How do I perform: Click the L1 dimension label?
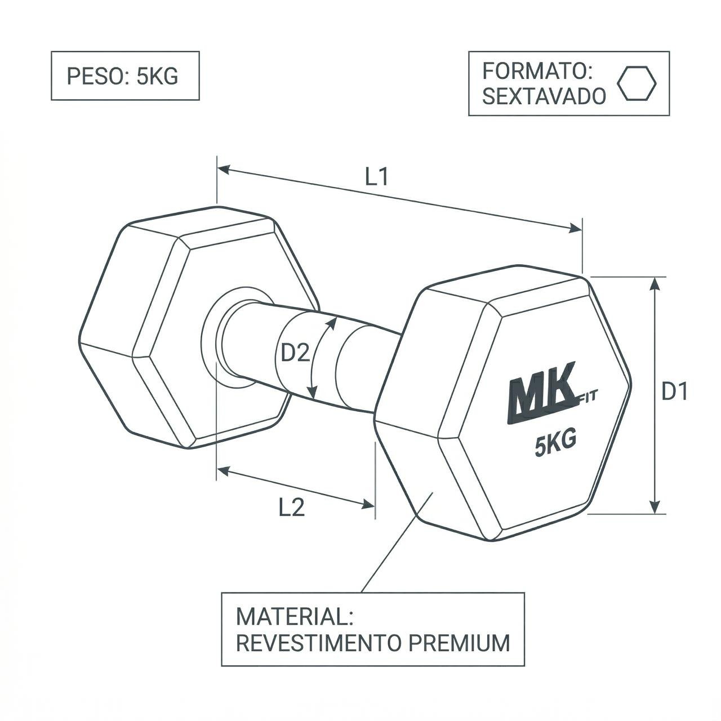(x=377, y=177)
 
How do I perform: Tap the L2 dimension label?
(x=292, y=508)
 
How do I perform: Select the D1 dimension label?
(x=674, y=392)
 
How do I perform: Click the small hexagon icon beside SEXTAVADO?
(x=637, y=83)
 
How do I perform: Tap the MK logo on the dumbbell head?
(x=541, y=400)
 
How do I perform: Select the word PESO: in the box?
(x=97, y=77)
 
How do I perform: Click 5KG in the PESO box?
(x=157, y=77)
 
